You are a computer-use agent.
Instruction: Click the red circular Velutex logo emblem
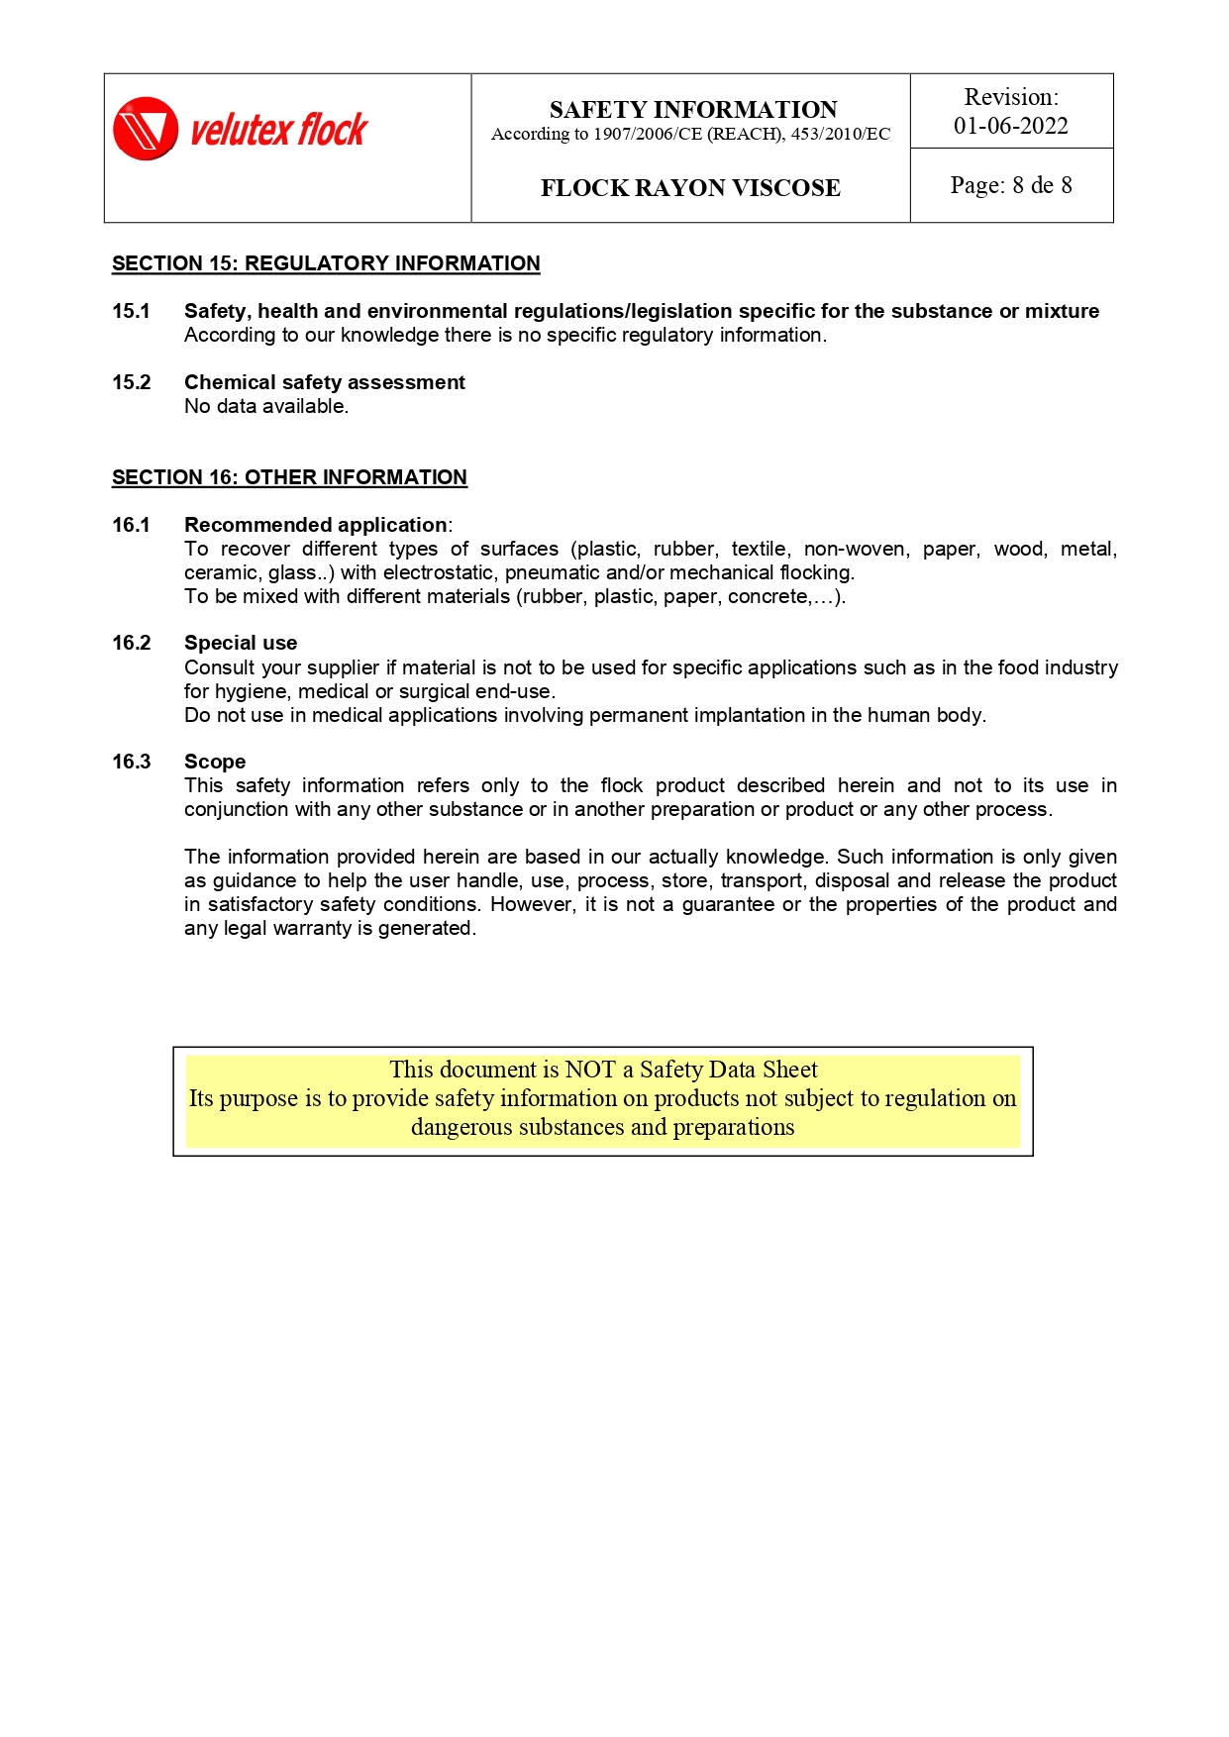pyautogui.click(x=146, y=129)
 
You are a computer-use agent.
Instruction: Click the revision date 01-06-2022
pyautogui.click(x=1010, y=126)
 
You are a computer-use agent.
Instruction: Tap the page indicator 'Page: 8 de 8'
pyautogui.click(x=1010, y=185)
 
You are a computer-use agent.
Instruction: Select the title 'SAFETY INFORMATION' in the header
pyautogui.click(x=692, y=109)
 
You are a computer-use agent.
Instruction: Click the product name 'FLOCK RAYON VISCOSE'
pyautogui.click(x=690, y=188)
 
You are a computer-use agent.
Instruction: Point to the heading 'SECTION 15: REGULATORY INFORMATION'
pyautogui.click(x=326, y=263)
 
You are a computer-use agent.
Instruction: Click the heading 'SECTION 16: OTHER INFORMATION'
pyautogui.click(x=289, y=477)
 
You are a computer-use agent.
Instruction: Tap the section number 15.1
pyautogui.click(x=131, y=311)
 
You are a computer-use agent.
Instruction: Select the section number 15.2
pyautogui.click(x=131, y=382)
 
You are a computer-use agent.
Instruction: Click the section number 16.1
pyautogui.click(x=131, y=525)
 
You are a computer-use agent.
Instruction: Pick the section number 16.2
pyautogui.click(x=131, y=643)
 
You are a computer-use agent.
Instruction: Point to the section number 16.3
pyautogui.click(x=131, y=762)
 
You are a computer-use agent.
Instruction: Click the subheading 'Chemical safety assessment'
pyautogui.click(x=324, y=382)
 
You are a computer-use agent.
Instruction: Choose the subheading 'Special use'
pyautogui.click(x=241, y=643)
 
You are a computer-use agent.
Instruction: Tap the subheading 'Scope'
pyautogui.click(x=215, y=762)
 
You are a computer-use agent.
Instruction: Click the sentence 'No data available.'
pyautogui.click(x=266, y=406)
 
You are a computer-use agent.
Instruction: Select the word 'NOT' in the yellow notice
pyautogui.click(x=590, y=1070)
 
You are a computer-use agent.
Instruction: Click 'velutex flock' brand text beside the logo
pyautogui.click(x=278, y=130)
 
